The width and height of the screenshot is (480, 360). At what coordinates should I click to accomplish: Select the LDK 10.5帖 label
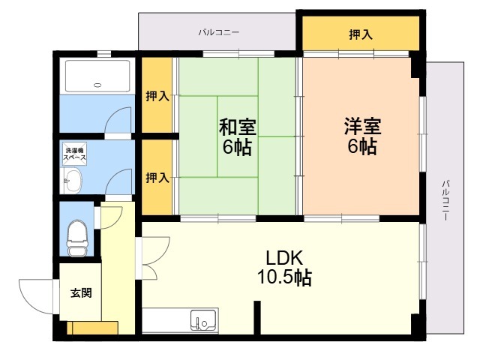coord(284,268)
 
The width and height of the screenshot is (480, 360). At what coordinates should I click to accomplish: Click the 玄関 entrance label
coord(81,293)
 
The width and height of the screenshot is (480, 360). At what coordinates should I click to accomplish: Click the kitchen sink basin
coord(203,320)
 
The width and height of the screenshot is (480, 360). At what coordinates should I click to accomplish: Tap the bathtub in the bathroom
coord(97,76)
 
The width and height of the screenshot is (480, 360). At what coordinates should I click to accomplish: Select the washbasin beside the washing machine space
coord(72,181)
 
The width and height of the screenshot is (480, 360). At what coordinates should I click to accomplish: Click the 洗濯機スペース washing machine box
coord(75,154)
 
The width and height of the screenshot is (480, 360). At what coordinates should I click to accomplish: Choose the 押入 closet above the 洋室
coord(361,33)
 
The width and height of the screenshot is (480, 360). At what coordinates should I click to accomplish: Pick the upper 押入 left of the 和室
coord(157,95)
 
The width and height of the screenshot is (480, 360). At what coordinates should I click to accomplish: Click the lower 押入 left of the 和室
coord(157,177)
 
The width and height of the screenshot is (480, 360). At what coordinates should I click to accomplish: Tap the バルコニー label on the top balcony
coord(218,32)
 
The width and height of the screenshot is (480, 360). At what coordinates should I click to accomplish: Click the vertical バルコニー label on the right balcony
coord(445,200)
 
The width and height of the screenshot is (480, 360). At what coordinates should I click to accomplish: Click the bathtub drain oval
coord(97,85)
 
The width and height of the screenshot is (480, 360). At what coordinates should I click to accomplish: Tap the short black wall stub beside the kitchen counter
coord(257,317)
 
